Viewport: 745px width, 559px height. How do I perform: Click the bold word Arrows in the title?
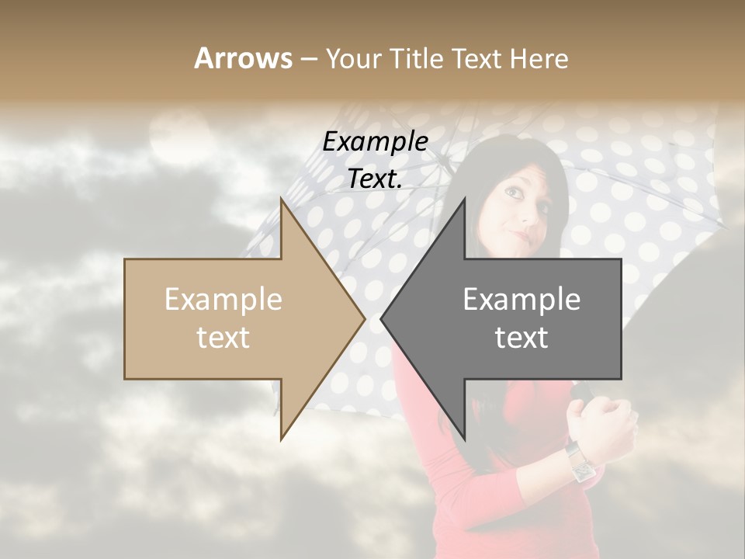(x=243, y=58)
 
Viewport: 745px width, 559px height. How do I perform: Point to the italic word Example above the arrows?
(x=375, y=142)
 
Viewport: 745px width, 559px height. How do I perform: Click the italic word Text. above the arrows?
(x=375, y=179)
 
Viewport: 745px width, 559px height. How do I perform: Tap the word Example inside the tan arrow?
(x=223, y=300)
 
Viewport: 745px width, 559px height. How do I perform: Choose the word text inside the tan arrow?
(x=223, y=338)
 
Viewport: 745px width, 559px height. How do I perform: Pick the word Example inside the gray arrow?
(x=521, y=300)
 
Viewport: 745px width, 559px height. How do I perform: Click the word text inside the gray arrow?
(x=521, y=338)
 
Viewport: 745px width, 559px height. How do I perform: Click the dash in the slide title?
(x=308, y=59)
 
